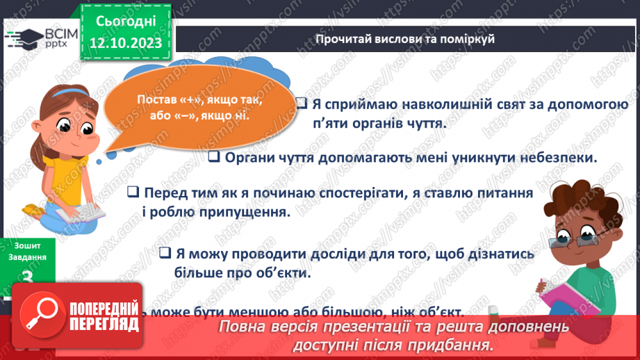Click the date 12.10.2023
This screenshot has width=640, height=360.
pos(126,42)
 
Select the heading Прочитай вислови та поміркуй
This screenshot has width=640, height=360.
pos(404,39)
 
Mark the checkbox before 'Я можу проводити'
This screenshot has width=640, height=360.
pos(165,254)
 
